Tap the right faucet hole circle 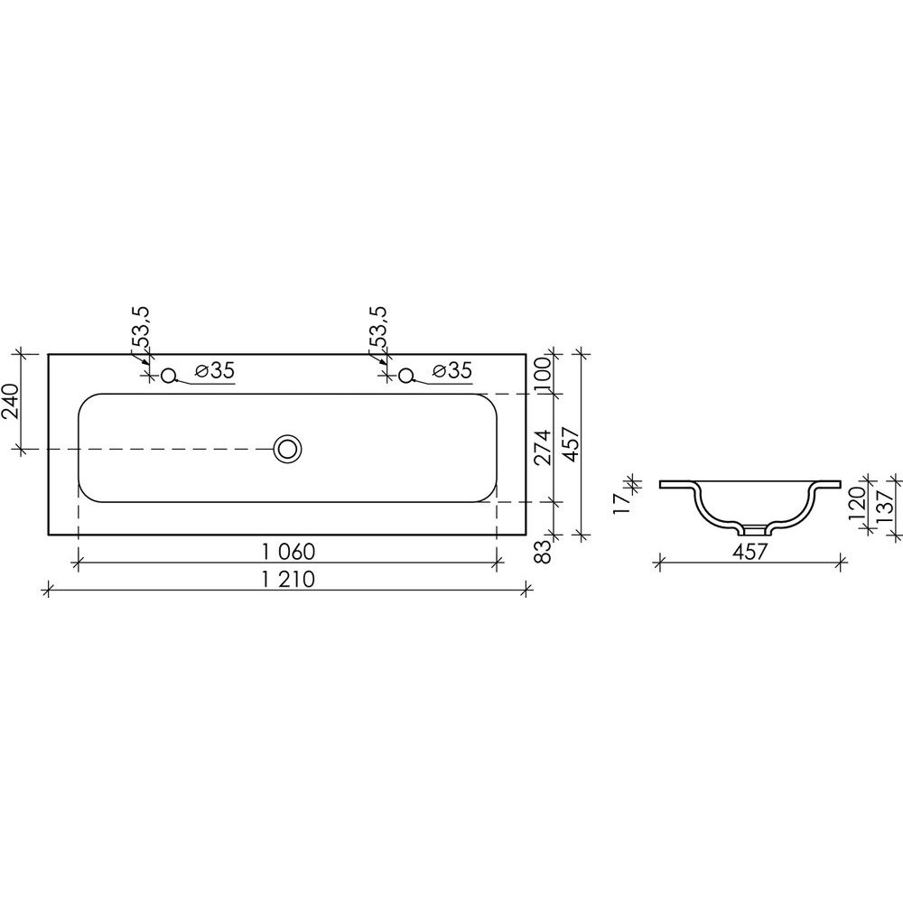click(x=406, y=376)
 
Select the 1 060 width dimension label click(x=289, y=552)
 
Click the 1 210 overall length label click(x=289, y=579)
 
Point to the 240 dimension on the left click(x=12, y=402)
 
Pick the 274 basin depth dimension click(x=543, y=448)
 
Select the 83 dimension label click(x=543, y=552)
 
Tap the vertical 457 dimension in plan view click(x=569, y=443)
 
